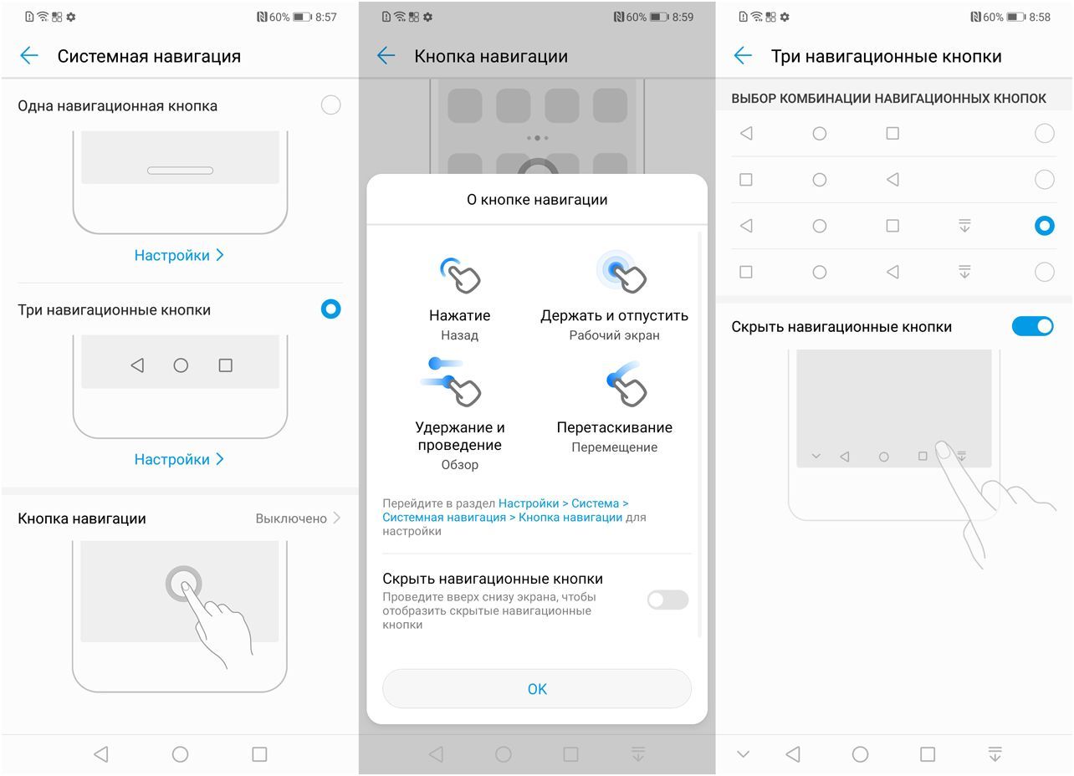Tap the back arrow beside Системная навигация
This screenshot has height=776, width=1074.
click(29, 56)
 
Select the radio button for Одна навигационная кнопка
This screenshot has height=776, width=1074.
click(331, 105)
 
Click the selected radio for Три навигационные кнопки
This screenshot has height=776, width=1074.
click(331, 309)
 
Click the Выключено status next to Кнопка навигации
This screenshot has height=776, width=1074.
click(291, 518)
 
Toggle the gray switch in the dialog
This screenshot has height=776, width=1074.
click(667, 600)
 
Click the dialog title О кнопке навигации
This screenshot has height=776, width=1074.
click(537, 200)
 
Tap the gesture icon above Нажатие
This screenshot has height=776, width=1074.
click(459, 275)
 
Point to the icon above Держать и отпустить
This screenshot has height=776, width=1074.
click(621, 272)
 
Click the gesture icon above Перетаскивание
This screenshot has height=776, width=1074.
click(626, 383)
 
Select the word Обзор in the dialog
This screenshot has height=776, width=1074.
click(459, 465)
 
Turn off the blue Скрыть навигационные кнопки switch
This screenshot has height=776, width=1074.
click(1032, 326)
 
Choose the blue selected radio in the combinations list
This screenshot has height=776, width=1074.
click(1044, 226)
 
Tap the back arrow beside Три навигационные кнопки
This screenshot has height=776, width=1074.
click(743, 56)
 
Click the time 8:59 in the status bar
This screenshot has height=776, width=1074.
click(683, 17)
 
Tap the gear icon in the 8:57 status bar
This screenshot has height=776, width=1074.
click(71, 17)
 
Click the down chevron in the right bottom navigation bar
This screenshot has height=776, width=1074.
click(743, 754)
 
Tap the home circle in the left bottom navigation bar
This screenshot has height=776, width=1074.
click(180, 754)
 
